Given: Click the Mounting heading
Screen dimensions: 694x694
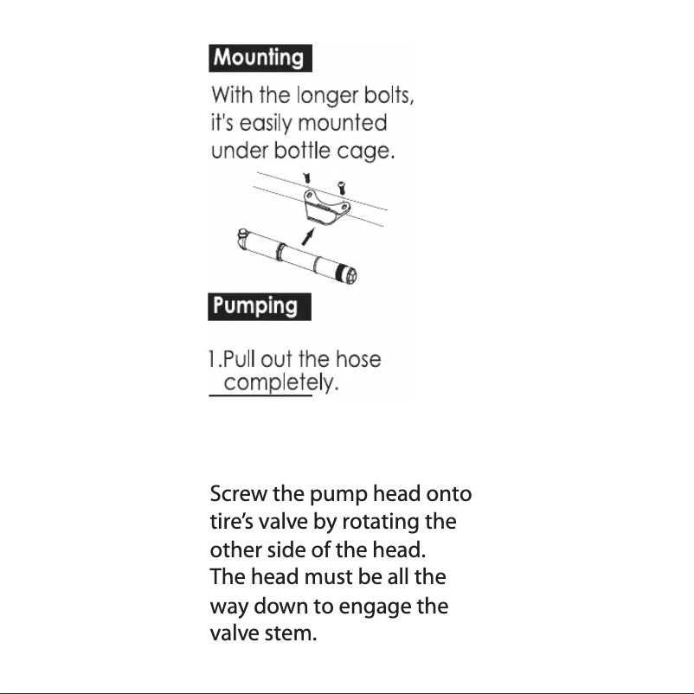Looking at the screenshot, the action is coord(260,59).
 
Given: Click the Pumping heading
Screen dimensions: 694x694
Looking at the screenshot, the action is coord(256,306).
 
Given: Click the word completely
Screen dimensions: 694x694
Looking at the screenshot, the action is coord(280,383).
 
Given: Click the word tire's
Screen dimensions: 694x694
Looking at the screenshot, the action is coord(233,524).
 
